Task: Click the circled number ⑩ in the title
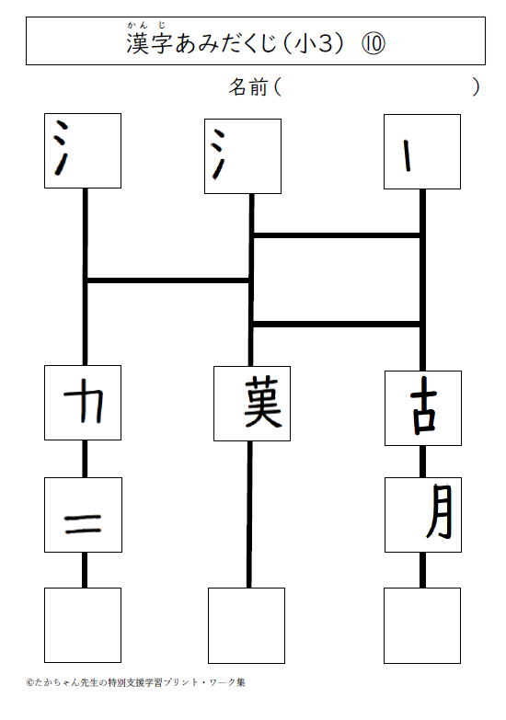(374, 44)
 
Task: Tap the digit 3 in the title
(325, 44)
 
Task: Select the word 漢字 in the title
(149, 44)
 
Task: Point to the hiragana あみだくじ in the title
(225, 44)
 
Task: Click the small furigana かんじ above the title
(146, 25)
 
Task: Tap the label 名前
(248, 87)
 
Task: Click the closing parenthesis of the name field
(477, 87)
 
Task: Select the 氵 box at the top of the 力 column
(83, 151)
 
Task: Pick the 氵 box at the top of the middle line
(243, 156)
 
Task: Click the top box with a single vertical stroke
(422, 152)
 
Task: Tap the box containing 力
(83, 403)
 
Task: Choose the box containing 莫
(252, 404)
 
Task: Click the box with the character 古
(423, 408)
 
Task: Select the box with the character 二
(83, 515)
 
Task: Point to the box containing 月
(423, 515)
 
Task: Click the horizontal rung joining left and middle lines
(168, 280)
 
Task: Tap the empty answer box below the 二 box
(83, 625)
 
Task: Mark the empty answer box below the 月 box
(422, 625)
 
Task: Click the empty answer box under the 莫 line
(247, 625)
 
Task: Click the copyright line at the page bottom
(136, 682)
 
